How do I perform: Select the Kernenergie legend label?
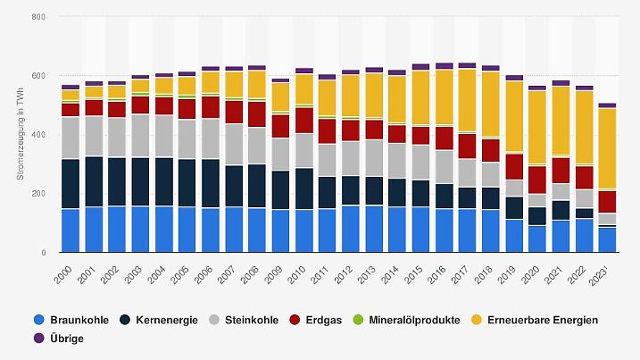click(x=164, y=320)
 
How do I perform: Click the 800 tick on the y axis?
click(x=39, y=17)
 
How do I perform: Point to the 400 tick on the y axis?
click(x=39, y=135)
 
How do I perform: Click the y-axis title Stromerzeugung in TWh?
click(x=20, y=134)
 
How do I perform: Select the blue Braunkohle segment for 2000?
click(x=70, y=230)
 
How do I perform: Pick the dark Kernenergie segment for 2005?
click(x=187, y=183)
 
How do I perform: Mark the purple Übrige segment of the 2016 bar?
click(x=444, y=66)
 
